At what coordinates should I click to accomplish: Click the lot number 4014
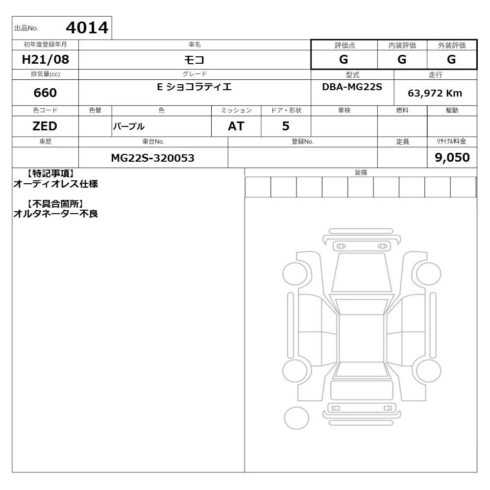[87, 28]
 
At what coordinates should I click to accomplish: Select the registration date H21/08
[45, 59]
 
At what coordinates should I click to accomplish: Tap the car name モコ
[194, 59]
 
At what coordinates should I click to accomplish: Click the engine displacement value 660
[45, 93]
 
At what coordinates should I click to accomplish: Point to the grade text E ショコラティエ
[194, 87]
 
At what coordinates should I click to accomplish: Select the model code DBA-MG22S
[352, 87]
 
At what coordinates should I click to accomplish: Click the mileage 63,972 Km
[435, 93]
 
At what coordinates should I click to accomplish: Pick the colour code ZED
[45, 126]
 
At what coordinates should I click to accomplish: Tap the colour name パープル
[129, 126]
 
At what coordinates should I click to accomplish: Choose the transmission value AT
[236, 126]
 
